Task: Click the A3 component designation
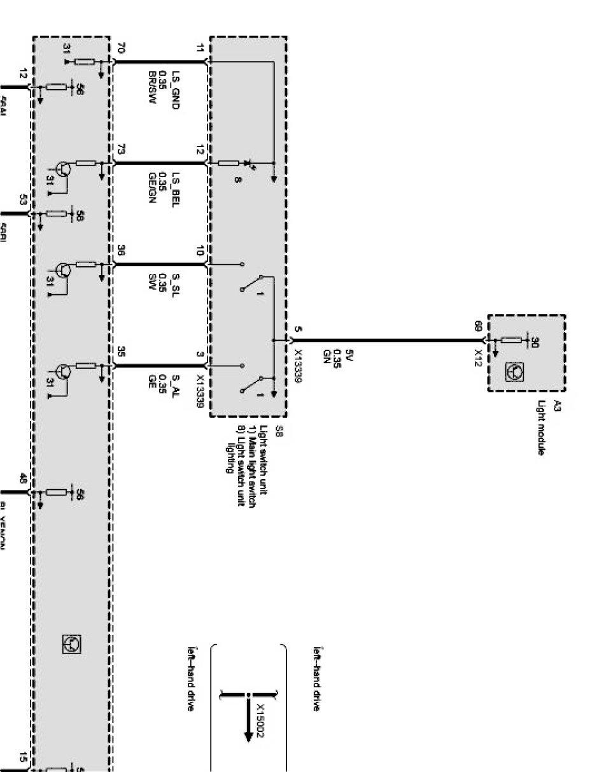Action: [556, 406]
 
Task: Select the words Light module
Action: [542, 427]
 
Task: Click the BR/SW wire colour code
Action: [152, 89]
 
